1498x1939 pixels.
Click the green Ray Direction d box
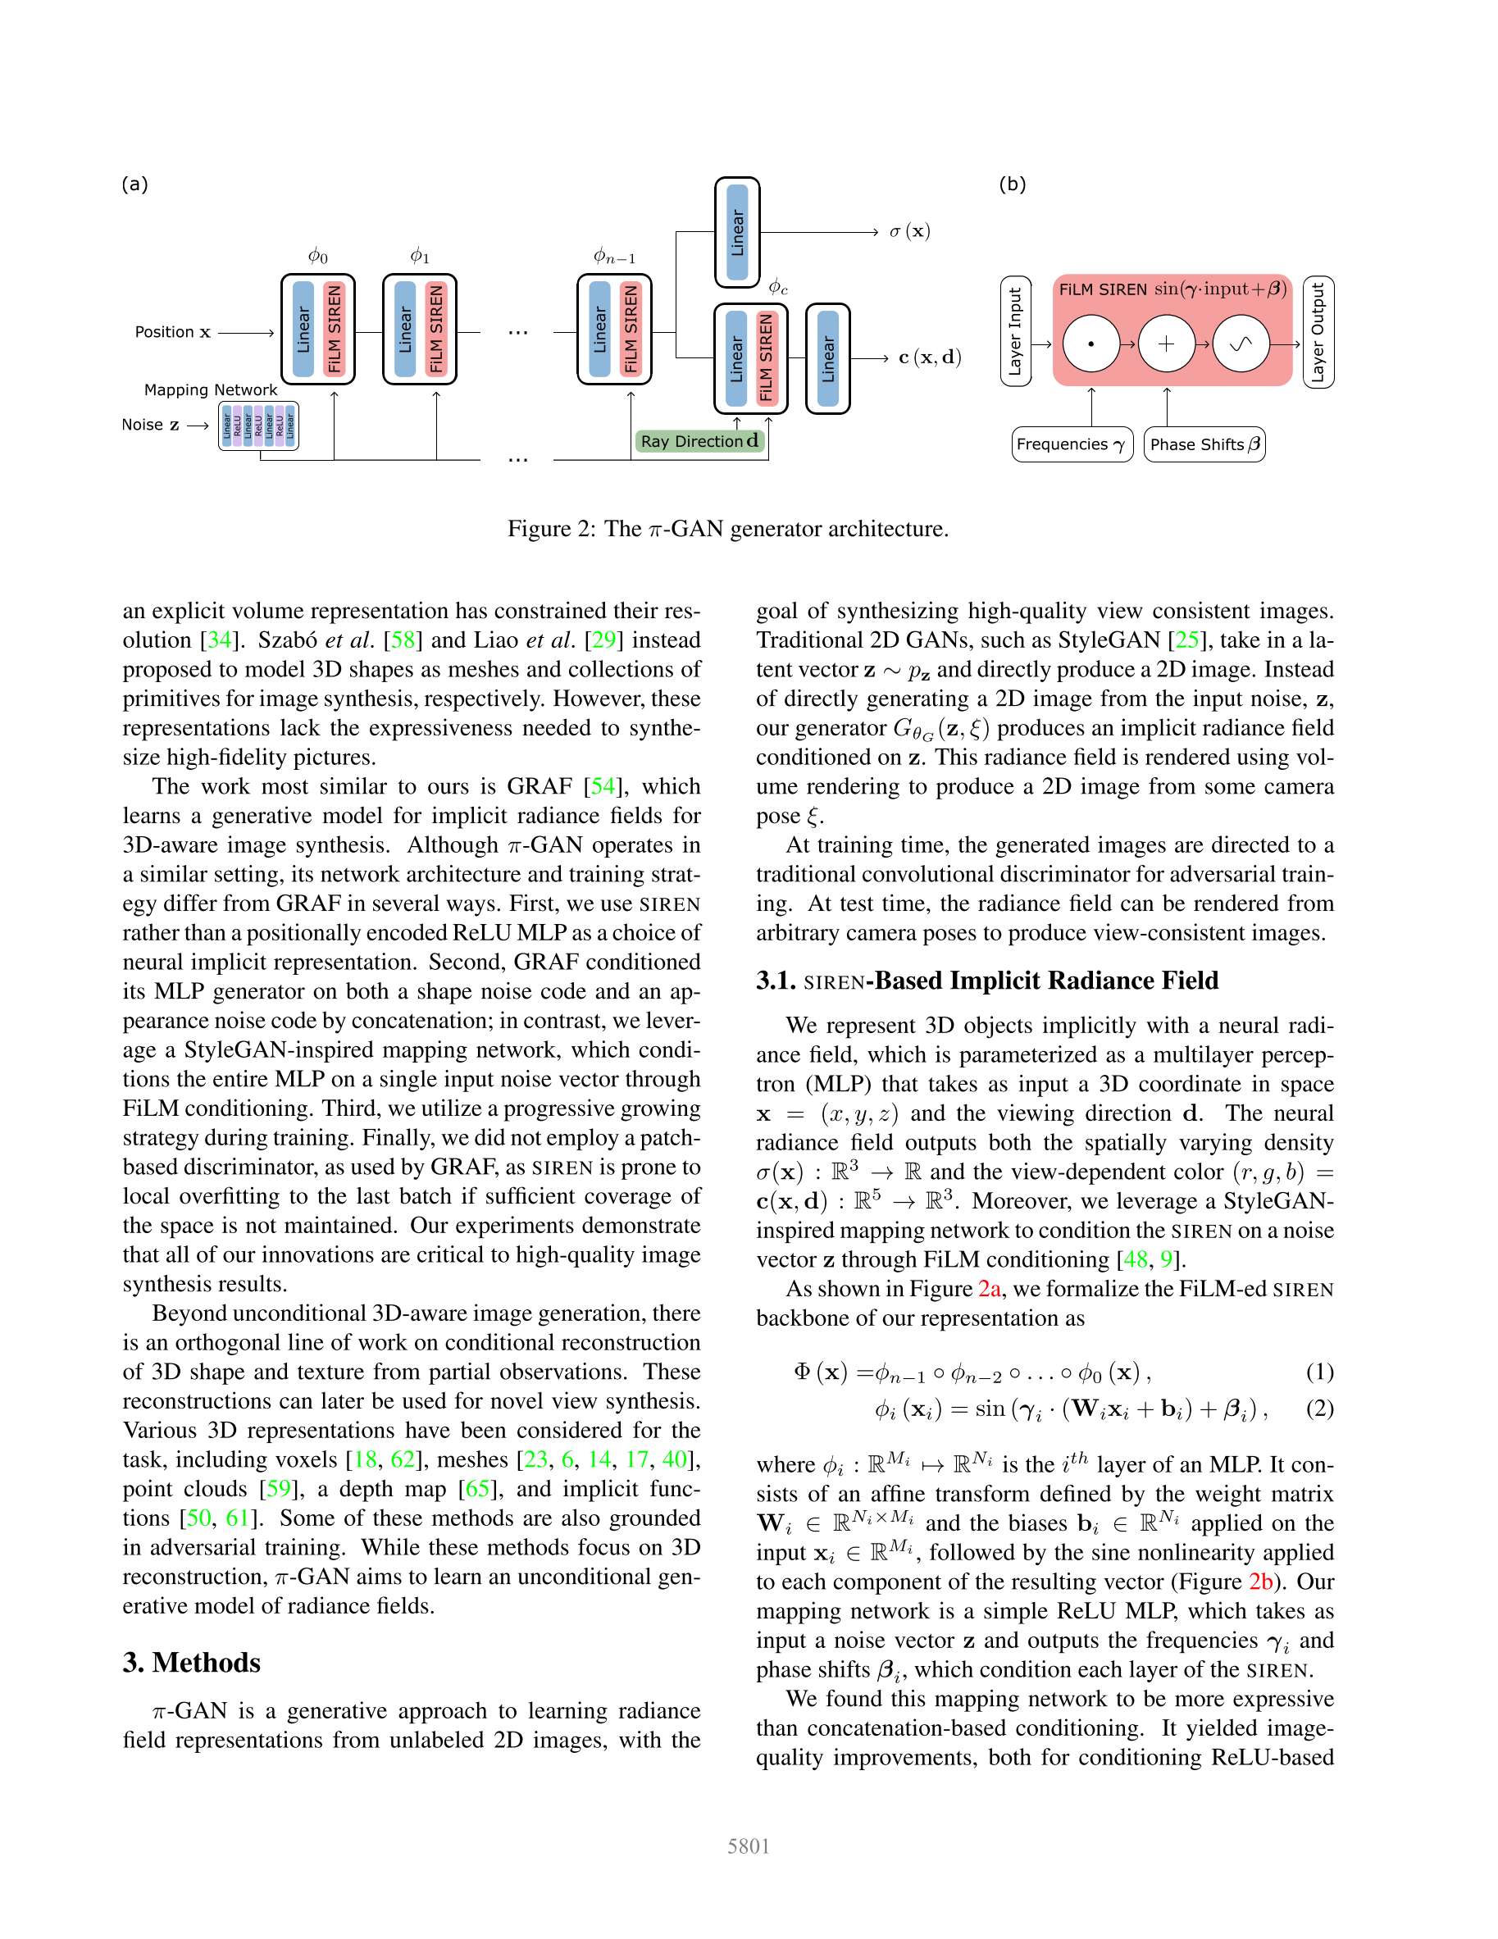click(x=699, y=441)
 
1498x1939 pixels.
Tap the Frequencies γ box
click(x=1072, y=444)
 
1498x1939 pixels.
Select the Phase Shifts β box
click(x=1204, y=444)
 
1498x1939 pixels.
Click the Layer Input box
click(x=1015, y=331)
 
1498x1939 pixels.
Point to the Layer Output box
click(x=1318, y=331)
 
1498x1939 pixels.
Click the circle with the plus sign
click(x=1166, y=344)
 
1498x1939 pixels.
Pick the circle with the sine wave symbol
click(x=1241, y=344)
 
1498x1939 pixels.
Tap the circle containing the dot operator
click(x=1090, y=344)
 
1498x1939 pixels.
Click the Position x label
click(x=172, y=332)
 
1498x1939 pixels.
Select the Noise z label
click(x=150, y=425)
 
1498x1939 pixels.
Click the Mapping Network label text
click(x=211, y=389)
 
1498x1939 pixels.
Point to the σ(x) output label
click(x=909, y=232)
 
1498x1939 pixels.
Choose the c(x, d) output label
click(x=929, y=357)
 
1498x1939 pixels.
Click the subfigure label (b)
click(x=1012, y=184)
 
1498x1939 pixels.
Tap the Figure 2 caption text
click(x=727, y=529)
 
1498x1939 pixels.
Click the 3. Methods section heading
click(x=192, y=1662)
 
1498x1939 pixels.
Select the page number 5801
click(x=748, y=1846)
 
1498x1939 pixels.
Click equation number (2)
click(x=1318, y=1409)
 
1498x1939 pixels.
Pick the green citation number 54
click(x=603, y=785)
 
